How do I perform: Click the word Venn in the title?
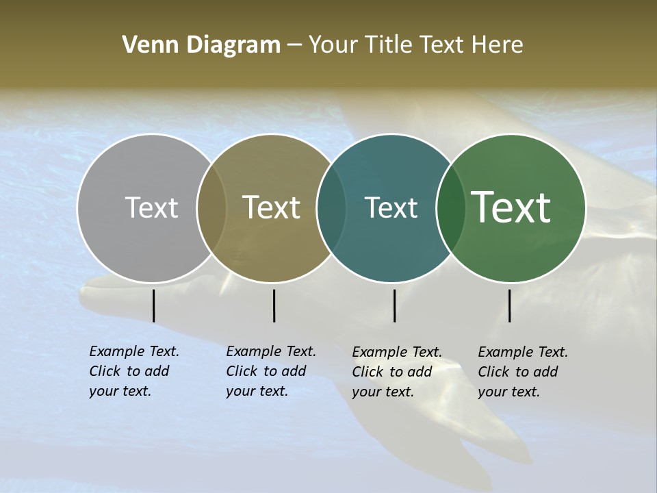144,45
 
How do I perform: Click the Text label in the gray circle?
151,207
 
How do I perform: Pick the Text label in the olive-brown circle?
271,207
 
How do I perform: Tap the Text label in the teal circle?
391,207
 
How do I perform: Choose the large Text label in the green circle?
511,207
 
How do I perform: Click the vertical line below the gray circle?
153,305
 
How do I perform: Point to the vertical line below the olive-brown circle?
274,305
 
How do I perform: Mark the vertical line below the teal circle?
394,305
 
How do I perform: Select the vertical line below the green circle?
509,305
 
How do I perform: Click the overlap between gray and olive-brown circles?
211,208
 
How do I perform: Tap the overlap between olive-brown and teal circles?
331,208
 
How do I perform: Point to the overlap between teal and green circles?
451,208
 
